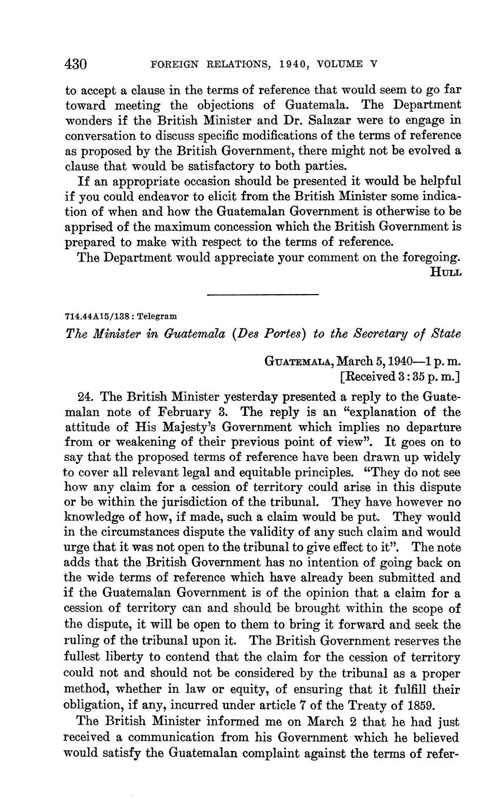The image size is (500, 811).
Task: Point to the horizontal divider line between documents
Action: coord(263,294)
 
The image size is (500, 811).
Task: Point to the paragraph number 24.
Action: coord(85,397)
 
